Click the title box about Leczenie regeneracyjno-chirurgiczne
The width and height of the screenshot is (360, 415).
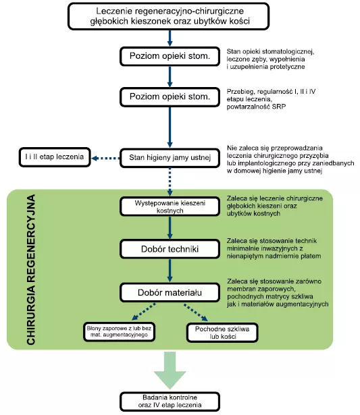point(168,16)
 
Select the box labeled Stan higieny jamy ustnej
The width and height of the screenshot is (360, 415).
point(170,158)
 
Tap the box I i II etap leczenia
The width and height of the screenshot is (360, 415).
point(55,157)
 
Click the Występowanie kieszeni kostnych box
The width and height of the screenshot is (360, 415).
point(170,206)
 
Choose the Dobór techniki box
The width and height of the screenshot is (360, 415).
point(170,249)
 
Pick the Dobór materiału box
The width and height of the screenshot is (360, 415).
point(170,292)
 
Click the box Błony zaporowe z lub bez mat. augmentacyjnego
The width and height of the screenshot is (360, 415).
point(119,332)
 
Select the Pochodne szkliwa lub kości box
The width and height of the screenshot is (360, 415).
point(222,333)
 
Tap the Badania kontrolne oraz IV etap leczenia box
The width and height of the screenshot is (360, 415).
point(170,402)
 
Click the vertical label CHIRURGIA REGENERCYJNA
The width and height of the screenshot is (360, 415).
point(31,270)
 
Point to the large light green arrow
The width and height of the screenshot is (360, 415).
point(170,370)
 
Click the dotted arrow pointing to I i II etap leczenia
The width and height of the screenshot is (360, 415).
point(105,159)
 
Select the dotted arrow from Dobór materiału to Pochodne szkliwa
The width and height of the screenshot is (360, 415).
point(195,312)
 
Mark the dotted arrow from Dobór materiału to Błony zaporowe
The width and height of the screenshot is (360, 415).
point(144,312)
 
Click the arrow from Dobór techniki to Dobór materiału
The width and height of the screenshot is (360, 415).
point(170,271)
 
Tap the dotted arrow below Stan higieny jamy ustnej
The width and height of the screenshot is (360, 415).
point(170,182)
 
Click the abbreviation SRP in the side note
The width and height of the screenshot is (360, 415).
point(279,107)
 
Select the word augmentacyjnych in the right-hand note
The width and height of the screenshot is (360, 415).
point(305,304)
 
